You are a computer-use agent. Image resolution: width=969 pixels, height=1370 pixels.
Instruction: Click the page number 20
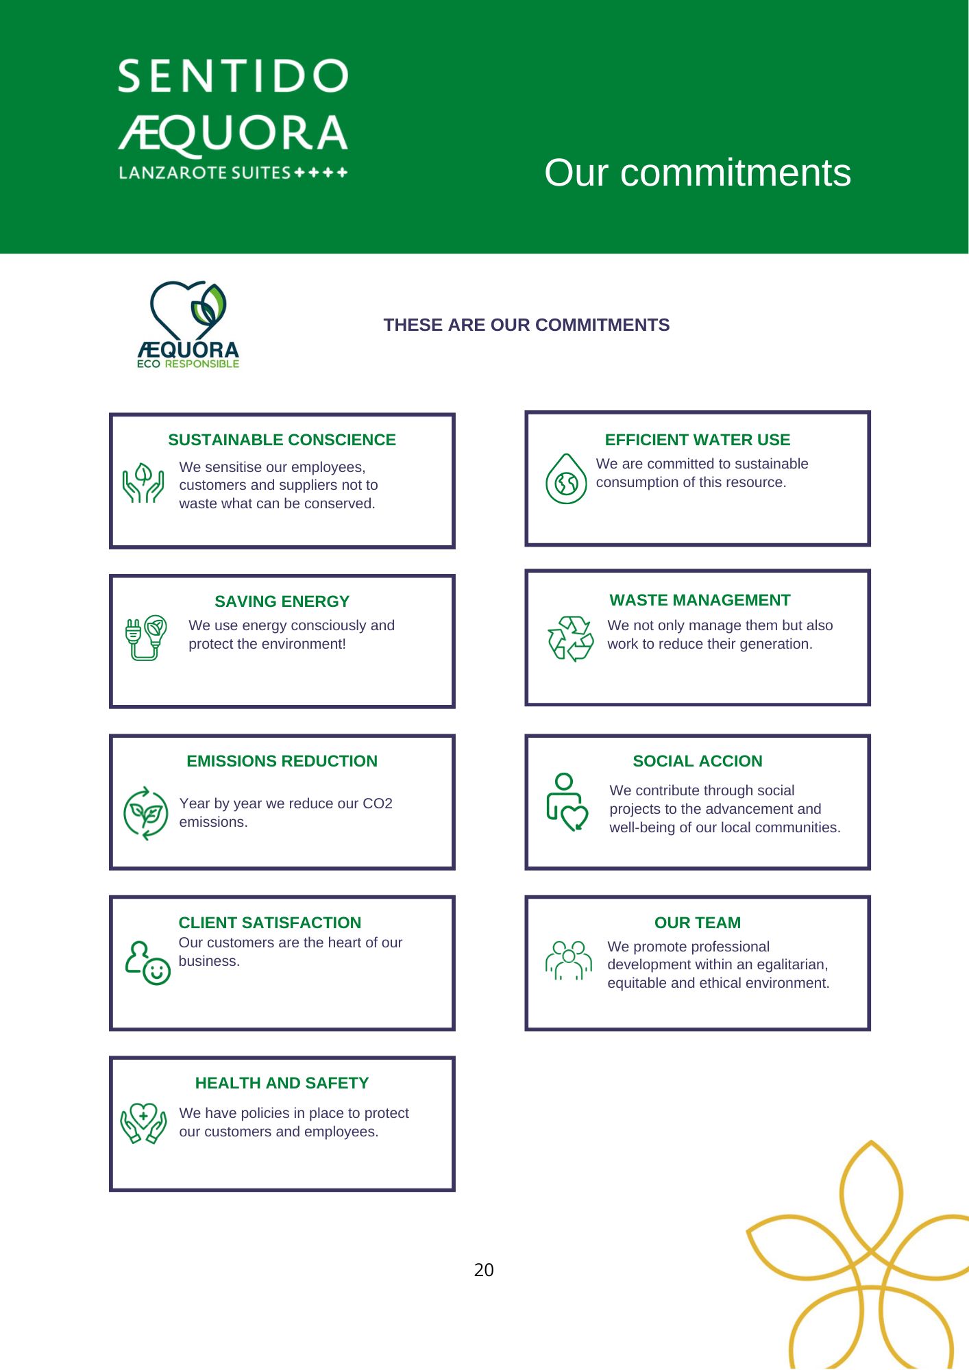tap(484, 1270)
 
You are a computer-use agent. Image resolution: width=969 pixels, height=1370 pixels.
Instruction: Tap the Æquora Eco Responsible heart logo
tap(188, 324)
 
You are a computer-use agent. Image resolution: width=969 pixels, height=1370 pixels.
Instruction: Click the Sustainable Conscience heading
tap(282, 440)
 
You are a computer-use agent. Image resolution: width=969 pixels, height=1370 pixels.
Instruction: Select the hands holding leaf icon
tap(143, 483)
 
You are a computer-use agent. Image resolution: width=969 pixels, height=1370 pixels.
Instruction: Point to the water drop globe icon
tap(566, 480)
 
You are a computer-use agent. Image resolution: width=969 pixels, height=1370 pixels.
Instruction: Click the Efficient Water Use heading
tap(697, 440)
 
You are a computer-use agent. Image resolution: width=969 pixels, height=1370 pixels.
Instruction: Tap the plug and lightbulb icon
tap(146, 638)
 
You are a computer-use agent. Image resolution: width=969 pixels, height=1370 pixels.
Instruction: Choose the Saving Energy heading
tap(282, 601)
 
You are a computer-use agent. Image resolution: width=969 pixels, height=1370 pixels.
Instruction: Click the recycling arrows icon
tap(570, 638)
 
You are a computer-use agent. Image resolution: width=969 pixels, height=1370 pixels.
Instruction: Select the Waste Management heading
tap(700, 600)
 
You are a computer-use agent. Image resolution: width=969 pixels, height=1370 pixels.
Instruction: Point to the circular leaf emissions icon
tap(145, 813)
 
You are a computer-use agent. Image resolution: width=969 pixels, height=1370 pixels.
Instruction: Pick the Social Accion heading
tap(697, 761)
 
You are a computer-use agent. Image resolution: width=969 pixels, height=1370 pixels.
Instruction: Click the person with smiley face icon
tap(147, 963)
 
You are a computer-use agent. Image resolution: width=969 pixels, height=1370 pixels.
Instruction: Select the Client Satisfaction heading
tap(269, 923)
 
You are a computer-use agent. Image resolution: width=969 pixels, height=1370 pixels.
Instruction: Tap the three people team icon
tap(568, 960)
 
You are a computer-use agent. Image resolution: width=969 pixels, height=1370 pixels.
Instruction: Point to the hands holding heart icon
tap(143, 1123)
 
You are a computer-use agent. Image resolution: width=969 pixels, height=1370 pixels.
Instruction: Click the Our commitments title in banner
tap(697, 173)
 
